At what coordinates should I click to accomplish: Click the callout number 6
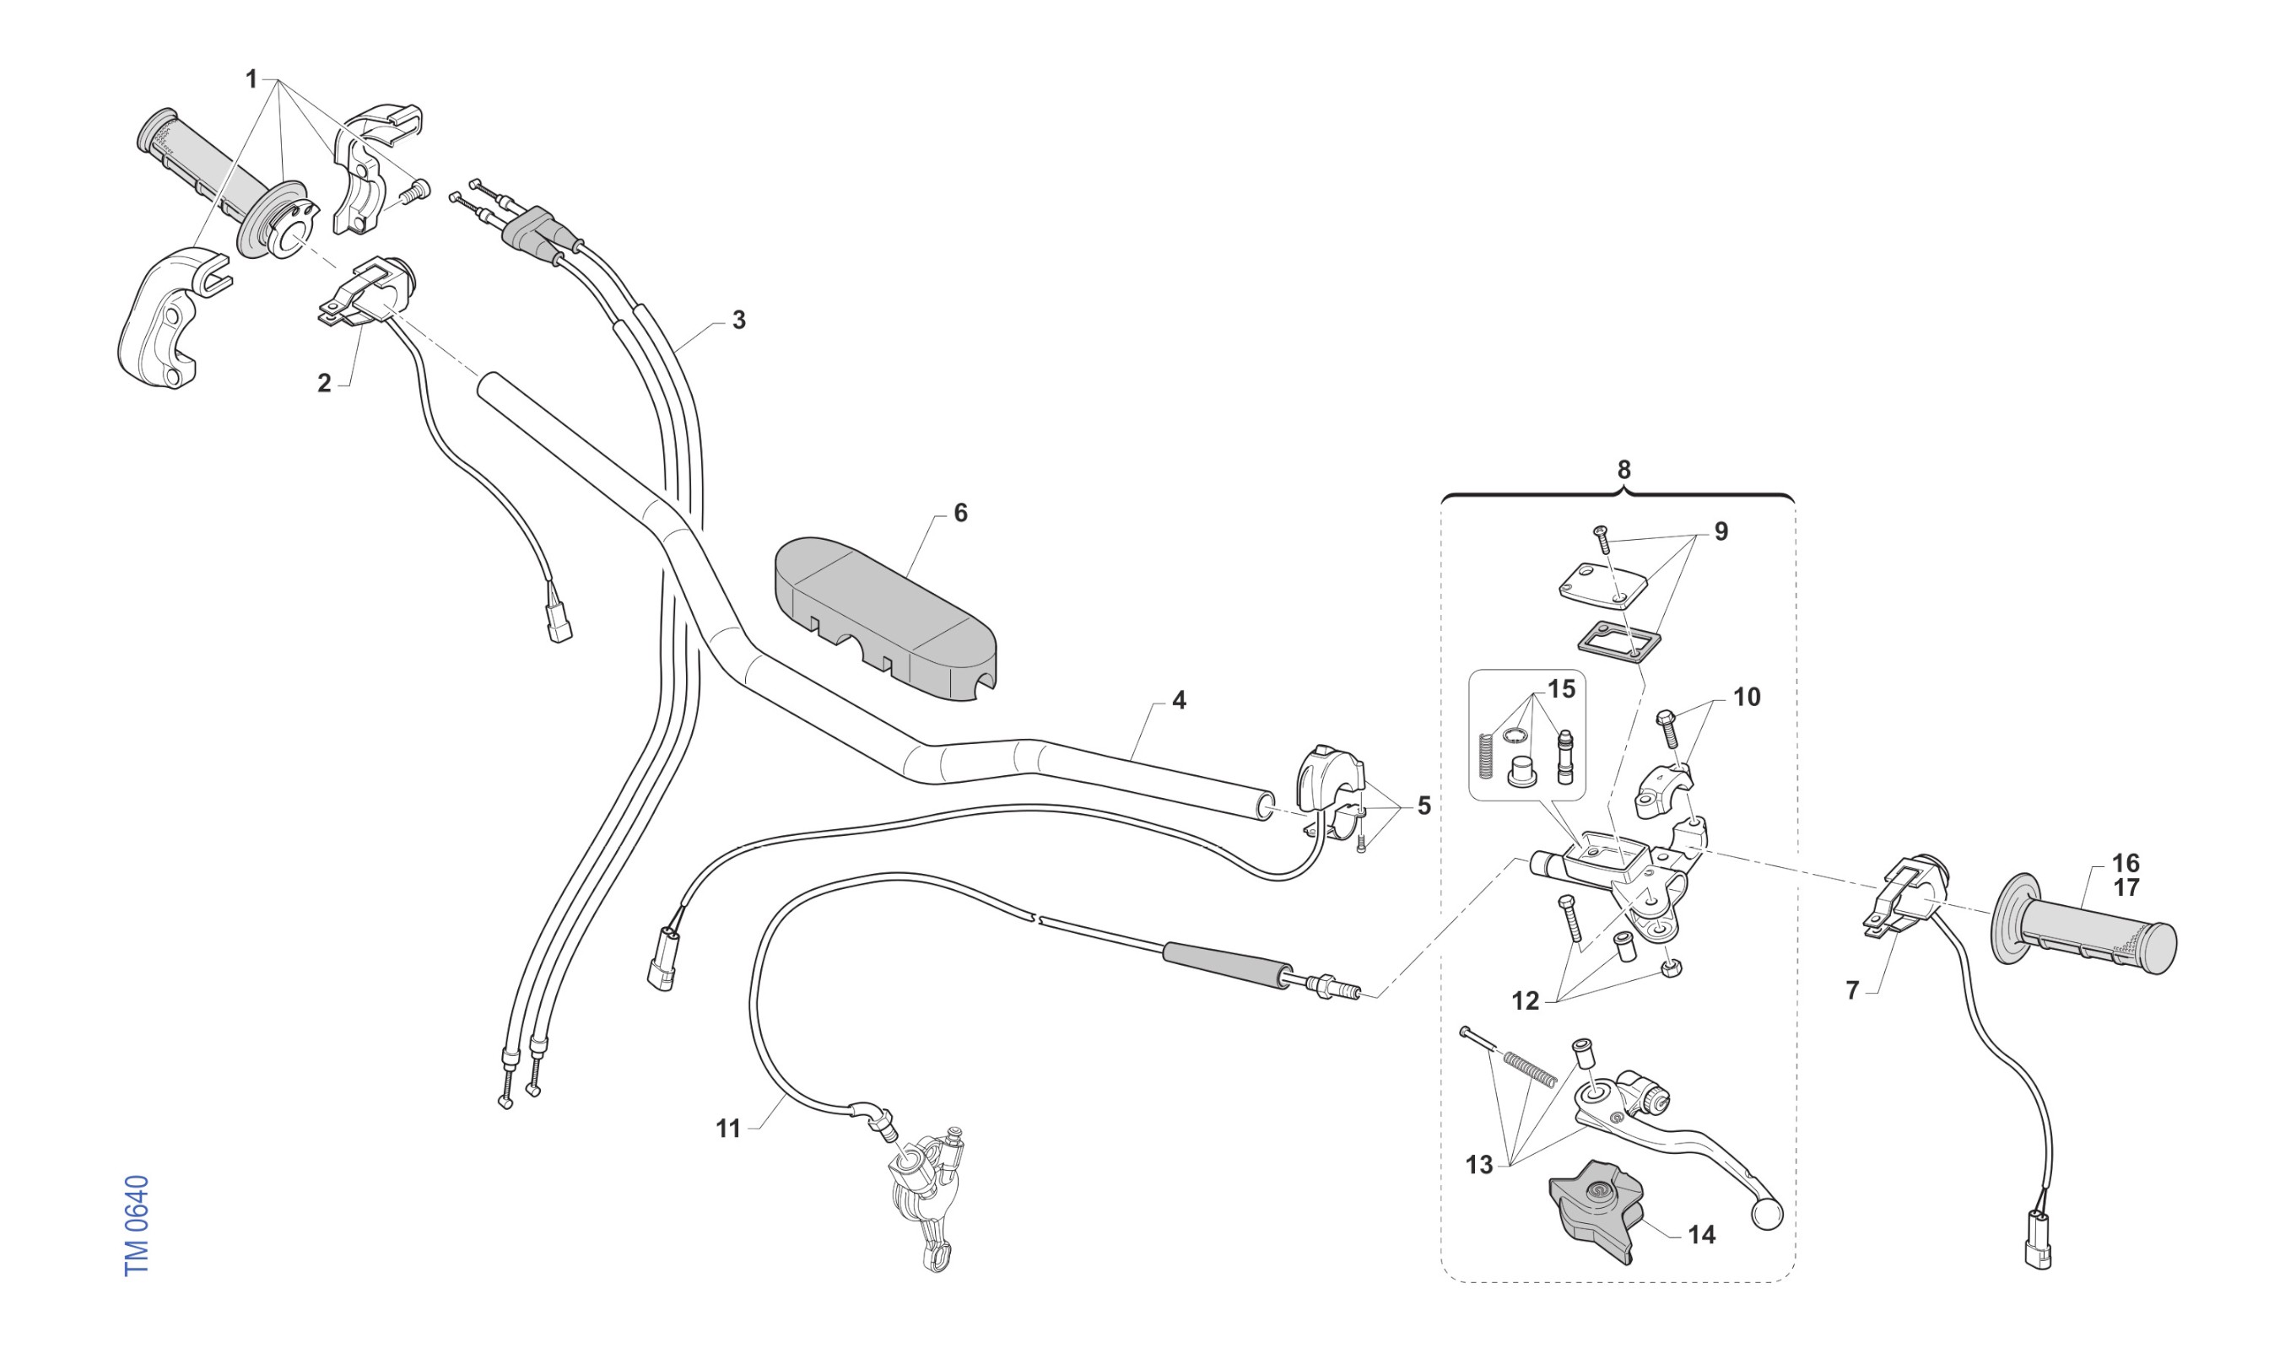960,514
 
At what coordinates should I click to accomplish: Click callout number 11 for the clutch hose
727,1129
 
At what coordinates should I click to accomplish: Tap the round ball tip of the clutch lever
1766,1215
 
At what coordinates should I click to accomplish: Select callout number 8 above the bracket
1624,470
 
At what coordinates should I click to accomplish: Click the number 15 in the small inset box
1561,689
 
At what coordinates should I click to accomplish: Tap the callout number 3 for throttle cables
738,320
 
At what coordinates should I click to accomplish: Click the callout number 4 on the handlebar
1178,700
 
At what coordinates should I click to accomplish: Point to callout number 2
324,384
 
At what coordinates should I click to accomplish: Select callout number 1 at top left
251,79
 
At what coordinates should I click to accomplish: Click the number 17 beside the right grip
2126,887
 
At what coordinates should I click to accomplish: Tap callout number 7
1852,990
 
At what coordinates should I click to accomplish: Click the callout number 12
1525,1001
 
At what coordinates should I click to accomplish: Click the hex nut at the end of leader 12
1672,968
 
